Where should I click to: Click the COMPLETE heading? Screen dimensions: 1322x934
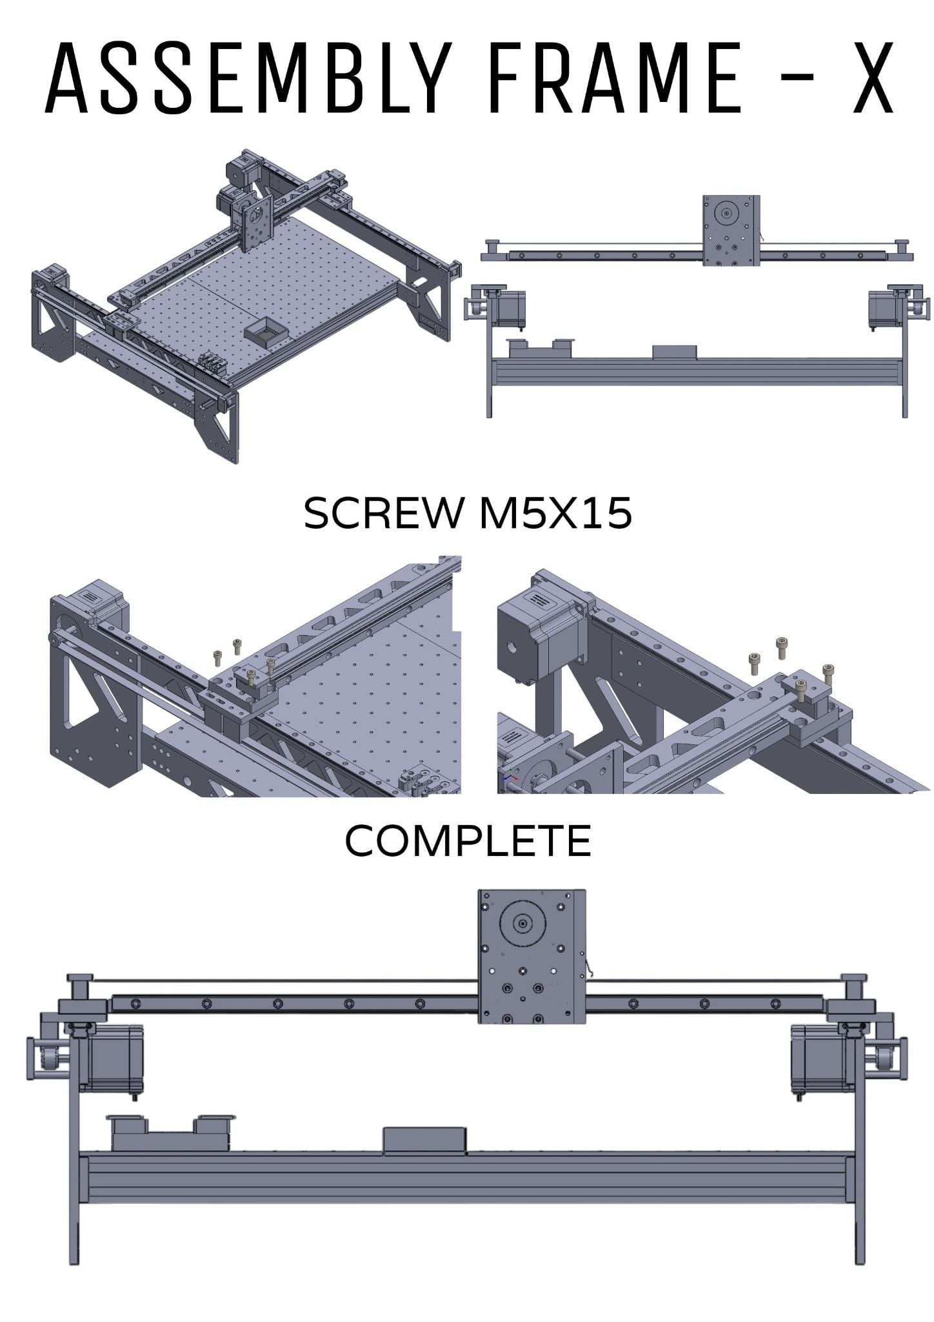pyautogui.click(x=468, y=840)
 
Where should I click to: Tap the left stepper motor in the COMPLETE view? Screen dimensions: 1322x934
pyautogui.click(x=114, y=1057)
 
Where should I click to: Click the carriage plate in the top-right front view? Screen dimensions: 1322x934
pyautogui.click(x=731, y=230)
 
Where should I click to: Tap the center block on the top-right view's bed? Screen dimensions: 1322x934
pyautogui.click(x=674, y=352)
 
